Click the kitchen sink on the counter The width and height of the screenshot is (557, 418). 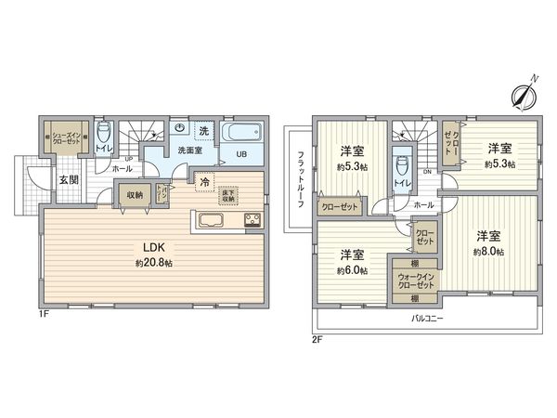click(210, 220)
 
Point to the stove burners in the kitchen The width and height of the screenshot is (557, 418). click(253, 220)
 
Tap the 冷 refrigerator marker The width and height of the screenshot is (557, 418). click(202, 181)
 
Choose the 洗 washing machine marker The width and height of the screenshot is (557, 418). click(203, 128)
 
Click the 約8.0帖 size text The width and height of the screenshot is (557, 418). click(487, 252)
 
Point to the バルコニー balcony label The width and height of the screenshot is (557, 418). click(429, 319)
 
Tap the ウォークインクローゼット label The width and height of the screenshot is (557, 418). click(413, 280)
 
